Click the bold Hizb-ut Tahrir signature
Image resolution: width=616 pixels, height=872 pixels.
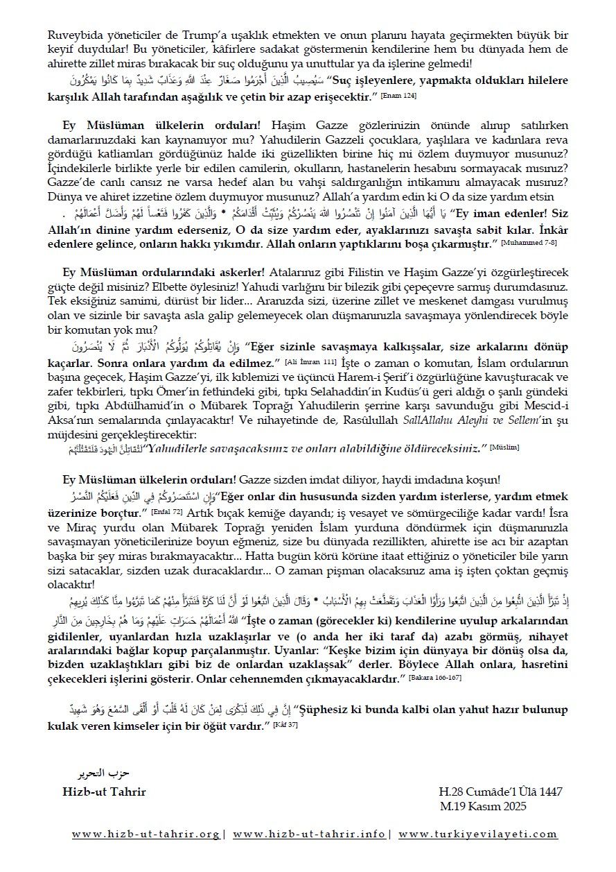point(104,792)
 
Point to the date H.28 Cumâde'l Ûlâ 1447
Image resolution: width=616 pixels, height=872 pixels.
point(500,792)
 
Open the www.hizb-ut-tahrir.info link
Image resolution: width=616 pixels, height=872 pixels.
point(310,835)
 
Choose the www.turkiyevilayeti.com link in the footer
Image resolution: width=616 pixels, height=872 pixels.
point(477,835)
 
